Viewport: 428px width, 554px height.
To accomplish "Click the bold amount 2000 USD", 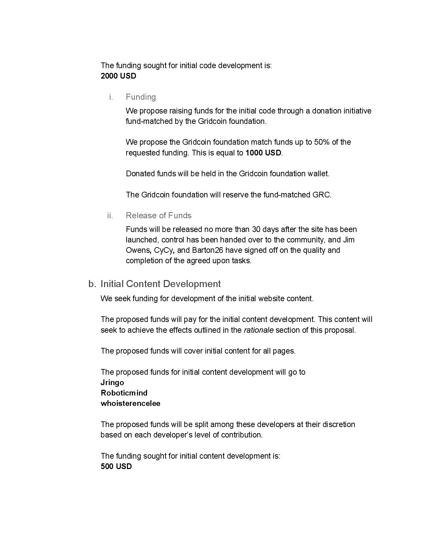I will click(x=118, y=76).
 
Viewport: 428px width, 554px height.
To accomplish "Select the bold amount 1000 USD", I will click(x=263, y=153).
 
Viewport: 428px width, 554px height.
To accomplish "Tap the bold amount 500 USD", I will click(x=116, y=466).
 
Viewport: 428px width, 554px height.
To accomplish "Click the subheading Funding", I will click(x=141, y=97).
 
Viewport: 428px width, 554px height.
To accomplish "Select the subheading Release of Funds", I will click(x=158, y=216).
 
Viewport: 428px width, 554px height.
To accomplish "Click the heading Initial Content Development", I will click(x=160, y=284).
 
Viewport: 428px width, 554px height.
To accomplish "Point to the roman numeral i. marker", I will click(x=111, y=97).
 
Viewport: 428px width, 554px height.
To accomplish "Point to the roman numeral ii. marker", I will click(x=110, y=216).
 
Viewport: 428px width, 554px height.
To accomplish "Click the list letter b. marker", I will click(x=92, y=284).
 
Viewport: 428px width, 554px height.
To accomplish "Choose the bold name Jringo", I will click(x=112, y=382).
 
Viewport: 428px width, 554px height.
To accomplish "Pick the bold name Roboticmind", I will click(x=124, y=393).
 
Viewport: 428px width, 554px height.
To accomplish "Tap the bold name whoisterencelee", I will click(x=130, y=403).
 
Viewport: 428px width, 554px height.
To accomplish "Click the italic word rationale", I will click(x=258, y=330).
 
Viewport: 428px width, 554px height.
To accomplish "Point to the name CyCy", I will click(x=164, y=250).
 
